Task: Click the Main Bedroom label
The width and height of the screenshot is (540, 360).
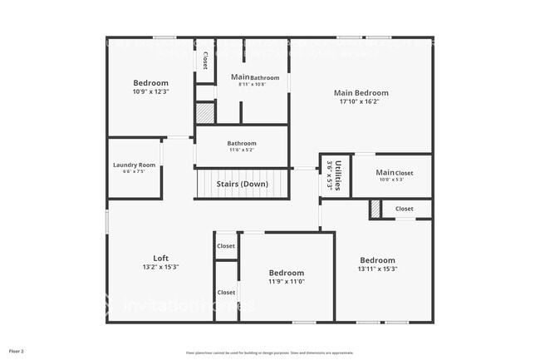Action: (361, 93)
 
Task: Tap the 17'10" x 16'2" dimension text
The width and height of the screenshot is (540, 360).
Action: (361, 102)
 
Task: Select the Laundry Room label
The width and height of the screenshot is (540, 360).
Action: (134, 165)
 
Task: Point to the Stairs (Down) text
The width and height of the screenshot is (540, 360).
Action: (242, 184)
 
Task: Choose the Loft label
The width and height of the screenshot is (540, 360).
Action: (160, 258)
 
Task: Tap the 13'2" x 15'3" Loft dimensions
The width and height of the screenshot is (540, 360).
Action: (160, 268)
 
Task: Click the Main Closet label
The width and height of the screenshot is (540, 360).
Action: (393, 173)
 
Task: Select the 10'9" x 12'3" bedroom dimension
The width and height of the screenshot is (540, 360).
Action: (150, 91)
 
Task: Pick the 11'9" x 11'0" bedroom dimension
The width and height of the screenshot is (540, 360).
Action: (286, 282)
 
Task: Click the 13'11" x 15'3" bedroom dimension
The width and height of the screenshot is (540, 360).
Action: (377, 269)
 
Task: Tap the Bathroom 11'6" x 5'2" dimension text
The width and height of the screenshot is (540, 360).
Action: (242, 150)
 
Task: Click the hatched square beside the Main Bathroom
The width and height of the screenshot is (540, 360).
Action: (204, 113)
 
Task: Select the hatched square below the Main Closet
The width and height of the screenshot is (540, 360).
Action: (376, 210)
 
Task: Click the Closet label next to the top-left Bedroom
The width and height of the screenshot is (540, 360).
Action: (205, 61)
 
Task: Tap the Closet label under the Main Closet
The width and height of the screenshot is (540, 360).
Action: (404, 209)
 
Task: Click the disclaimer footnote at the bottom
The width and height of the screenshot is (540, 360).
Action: (269, 353)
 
